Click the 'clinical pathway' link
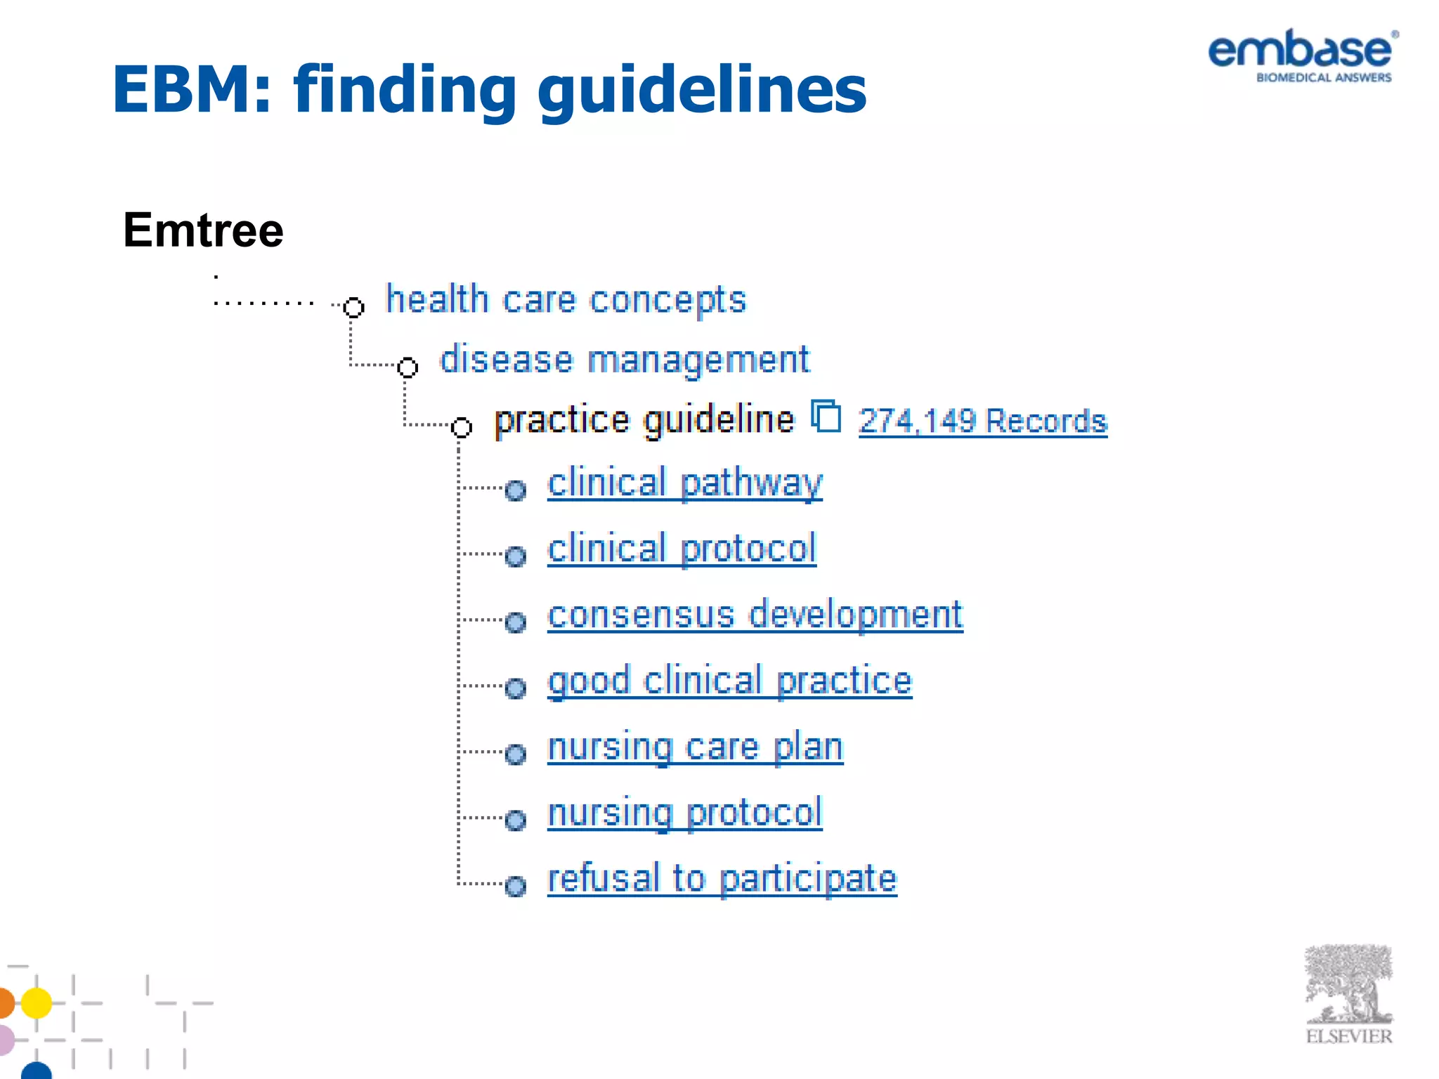pyautogui.click(x=684, y=483)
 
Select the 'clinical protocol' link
pyautogui.click(x=682, y=549)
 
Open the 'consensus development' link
pyautogui.click(x=755, y=615)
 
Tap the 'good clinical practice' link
pyautogui.click(x=729, y=681)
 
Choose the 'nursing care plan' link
pyautogui.click(x=695, y=747)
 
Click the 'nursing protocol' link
pyautogui.click(x=684, y=813)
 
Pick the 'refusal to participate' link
pyautogui.click(x=722, y=879)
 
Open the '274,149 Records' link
pyautogui.click(x=982, y=421)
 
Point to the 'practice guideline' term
pyautogui.click(x=644, y=420)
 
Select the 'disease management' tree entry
pyautogui.click(x=624, y=360)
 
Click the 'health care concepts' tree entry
pyautogui.click(x=566, y=300)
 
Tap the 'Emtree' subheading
pyautogui.click(x=203, y=230)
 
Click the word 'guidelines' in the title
pyautogui.click(x=702, y=90)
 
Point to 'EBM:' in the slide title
pyautogui.click(x=191, y=90)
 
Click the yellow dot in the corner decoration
pyautogui.click(x=37, y=1002)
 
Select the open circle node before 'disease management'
pyautogui.click(x=408, y=367)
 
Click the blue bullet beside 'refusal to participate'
pyautogui.click(x=516, y=887)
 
